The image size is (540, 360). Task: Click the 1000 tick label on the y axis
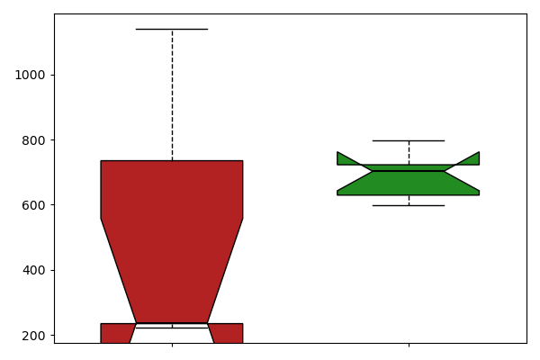point(30,75)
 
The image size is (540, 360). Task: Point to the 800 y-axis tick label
point(34,140)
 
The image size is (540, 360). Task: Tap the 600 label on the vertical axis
point(34,205)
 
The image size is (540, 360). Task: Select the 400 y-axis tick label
point(34,270)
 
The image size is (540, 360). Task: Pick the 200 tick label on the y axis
point(34,336)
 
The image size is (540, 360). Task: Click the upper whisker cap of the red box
point(172,30)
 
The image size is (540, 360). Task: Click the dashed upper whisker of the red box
point(172,95)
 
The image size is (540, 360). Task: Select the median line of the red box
point(172,328)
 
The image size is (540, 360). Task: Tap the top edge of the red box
point(172,160)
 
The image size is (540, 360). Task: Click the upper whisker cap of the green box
point(409,140)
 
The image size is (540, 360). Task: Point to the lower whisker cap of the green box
point(409,206)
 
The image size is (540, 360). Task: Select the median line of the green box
point(409,171)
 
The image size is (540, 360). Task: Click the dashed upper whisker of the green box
point(409,153)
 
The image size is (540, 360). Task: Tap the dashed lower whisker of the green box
point(409,200)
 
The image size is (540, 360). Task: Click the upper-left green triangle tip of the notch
point(337,152)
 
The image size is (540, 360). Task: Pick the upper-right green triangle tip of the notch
point(479,152)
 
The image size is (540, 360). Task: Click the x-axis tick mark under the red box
point(172,345)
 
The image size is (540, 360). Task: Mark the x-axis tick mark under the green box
point(409,345)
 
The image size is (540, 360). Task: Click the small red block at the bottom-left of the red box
point(116,333)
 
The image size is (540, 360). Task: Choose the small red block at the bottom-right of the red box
point(228,333)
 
